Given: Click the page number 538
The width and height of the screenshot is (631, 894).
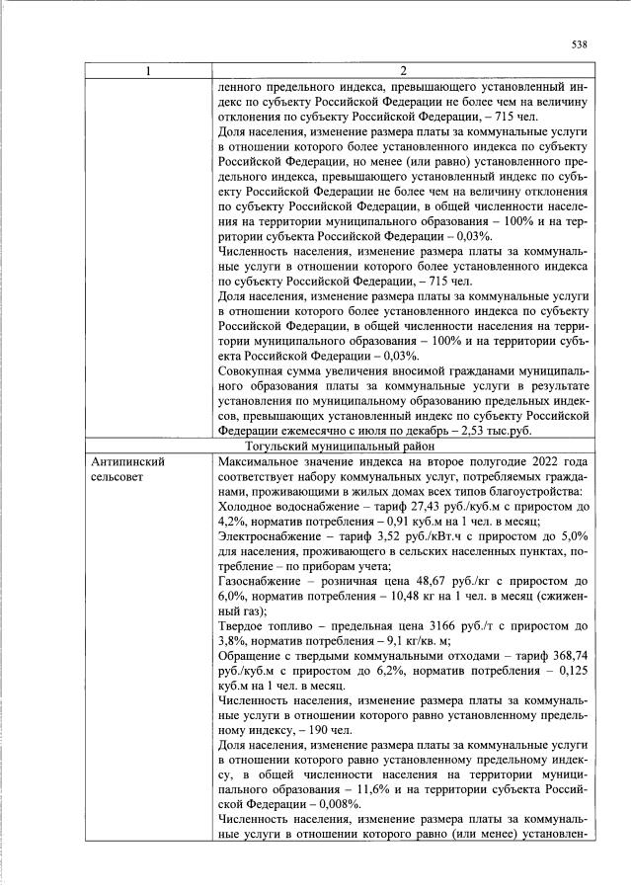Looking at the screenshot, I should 580,44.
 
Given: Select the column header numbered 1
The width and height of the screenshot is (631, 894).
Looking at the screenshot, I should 148,71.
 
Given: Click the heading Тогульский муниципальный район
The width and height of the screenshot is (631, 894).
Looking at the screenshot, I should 401,446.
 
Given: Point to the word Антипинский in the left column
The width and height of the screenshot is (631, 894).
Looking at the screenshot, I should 125,461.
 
